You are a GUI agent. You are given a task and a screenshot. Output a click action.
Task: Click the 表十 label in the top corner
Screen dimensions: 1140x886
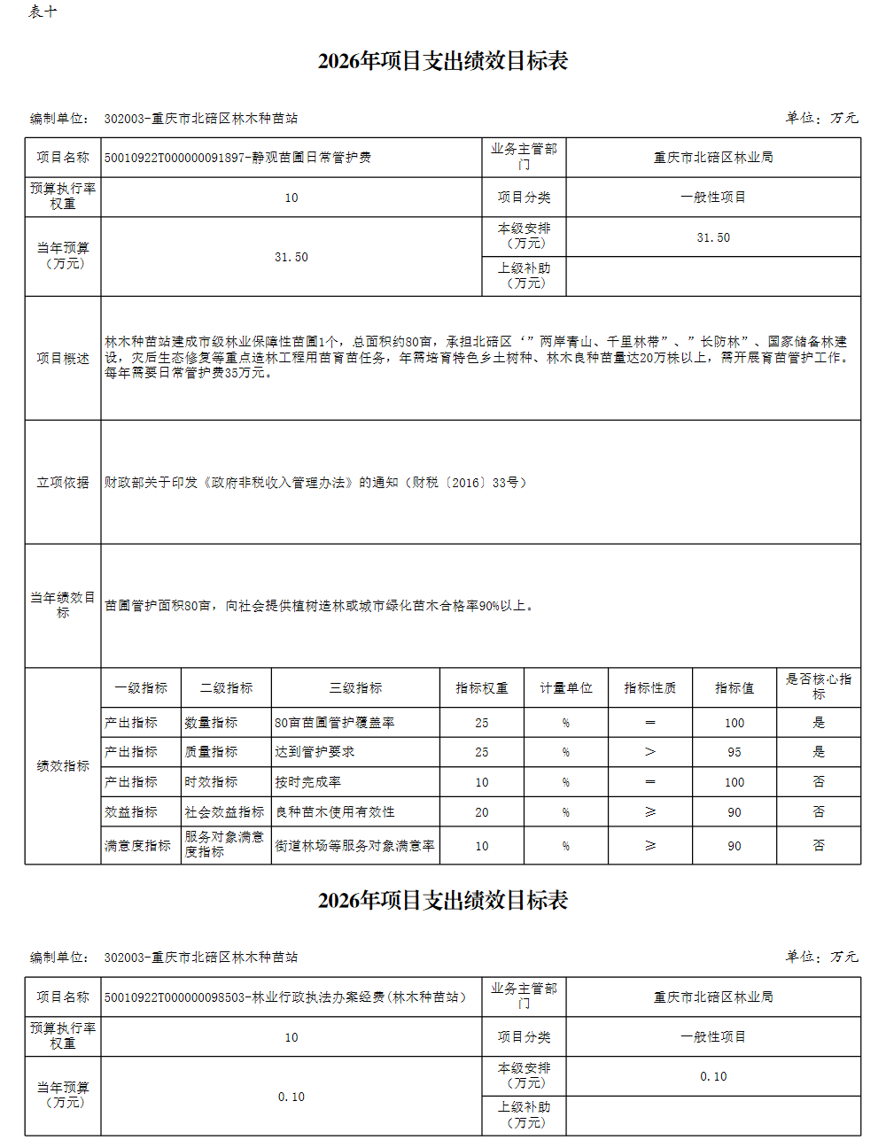[x=43, y=12]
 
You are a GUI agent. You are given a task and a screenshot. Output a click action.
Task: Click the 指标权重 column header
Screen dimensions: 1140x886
[x=481, y=688]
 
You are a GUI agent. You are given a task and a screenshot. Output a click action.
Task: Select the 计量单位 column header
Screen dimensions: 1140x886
[x=566, y=688]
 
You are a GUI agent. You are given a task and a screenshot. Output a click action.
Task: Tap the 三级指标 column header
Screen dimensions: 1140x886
[x=355, y=688]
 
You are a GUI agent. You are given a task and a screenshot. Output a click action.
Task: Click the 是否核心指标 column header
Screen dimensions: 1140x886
[x=818, y=686]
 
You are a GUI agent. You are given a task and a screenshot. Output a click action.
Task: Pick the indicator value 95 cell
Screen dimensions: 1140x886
[x=734, y=752]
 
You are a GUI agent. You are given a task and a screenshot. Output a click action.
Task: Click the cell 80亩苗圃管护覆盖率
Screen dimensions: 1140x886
[x=335, y=723]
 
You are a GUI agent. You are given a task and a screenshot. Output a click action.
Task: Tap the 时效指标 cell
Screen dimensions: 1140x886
[x=211, y=782]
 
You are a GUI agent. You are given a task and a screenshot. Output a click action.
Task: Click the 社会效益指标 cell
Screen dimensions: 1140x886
[x=224, y=812]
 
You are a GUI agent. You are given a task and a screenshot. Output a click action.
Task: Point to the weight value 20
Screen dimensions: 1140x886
[x=481, y=812]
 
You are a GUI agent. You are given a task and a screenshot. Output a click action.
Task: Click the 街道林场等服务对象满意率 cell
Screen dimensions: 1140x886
[x=354, y=846]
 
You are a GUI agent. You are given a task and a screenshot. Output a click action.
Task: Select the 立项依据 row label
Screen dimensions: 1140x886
[x=63, y=483]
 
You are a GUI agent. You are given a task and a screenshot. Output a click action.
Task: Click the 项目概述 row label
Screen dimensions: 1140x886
[x=63, y=359]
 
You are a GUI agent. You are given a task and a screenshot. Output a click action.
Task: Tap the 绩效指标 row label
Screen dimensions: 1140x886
[x=63, y=766]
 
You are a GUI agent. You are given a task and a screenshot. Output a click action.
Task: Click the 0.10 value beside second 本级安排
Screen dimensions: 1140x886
[x=713, y=1077]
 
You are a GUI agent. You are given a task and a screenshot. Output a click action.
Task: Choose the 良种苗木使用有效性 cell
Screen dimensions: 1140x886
[x=335, y=812]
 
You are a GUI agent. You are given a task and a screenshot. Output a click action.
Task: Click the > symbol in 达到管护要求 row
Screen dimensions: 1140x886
[x=650, y=752]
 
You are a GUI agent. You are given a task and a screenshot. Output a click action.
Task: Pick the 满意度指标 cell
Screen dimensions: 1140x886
[x=137, y=846]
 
